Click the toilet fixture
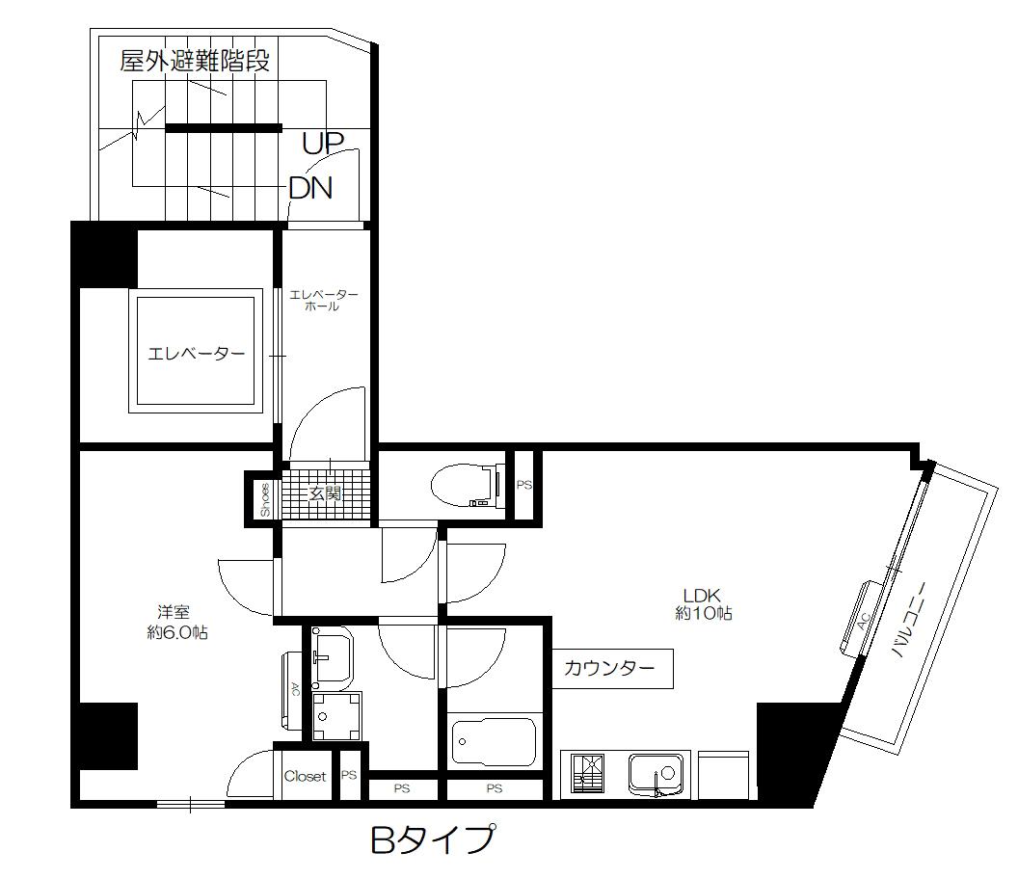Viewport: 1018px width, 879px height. pos(467,485)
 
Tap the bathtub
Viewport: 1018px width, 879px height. pos(494,741)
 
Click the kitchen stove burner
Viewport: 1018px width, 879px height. pos(586,773)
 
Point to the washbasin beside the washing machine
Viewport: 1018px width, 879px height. pos(332,657)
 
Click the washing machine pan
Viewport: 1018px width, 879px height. pos(336,716)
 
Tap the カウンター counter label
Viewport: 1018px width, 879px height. pos(609,668)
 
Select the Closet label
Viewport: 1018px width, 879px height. pos(305,776)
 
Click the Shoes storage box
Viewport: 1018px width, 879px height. pos(265,499)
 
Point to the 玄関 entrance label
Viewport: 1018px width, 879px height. pos(325,493)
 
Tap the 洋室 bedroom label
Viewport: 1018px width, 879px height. pos(174,611)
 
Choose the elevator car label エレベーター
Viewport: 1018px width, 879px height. pos(196,354)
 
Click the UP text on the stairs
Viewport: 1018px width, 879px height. pos(323,144)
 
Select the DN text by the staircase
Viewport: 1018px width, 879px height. pos(310,188)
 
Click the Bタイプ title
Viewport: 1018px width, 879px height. pos(433,840)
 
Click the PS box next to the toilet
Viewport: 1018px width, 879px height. pos(523,485)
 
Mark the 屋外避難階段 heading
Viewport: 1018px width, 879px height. pos(194,62)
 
